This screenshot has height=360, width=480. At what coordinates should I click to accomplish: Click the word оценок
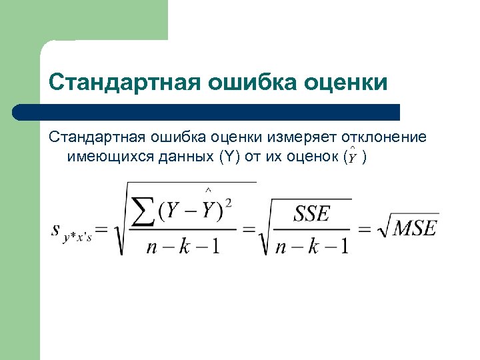(x=309, y=157)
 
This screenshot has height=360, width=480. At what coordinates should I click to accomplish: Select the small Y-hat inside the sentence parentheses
(x=351, y=157)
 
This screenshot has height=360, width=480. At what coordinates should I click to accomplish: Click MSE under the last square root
(x=414, y=229)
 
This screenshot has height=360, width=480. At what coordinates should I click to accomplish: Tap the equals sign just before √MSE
(x=364, y=229)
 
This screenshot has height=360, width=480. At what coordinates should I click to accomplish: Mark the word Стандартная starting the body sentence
(x=97, y=138)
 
